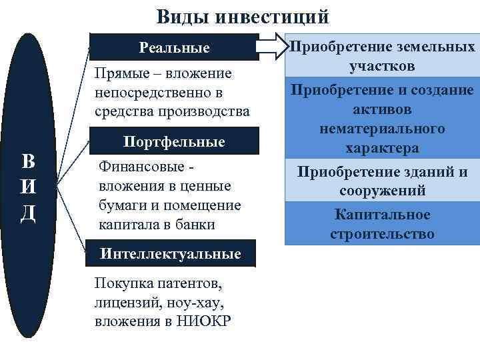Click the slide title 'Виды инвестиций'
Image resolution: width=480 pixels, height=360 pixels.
(x=243, y=15)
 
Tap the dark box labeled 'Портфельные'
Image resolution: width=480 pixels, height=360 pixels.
(x=174, y=142)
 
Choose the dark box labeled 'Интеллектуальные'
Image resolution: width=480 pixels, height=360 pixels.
(x=170, y=254)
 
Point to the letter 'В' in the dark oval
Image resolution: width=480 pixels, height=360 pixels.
(x=28, y=162)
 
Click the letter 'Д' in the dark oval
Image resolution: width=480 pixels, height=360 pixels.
(x=28, y=215)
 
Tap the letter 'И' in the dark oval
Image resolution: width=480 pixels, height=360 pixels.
(x=28, y=189)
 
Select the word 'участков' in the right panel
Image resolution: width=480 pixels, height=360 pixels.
(x=382, y=66)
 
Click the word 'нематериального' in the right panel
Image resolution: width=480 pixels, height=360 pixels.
(x=382, y=128)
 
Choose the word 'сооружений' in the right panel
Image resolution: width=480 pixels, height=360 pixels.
(x=382, y=191)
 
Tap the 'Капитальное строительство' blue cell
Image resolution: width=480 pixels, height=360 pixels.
(x=382, y=224)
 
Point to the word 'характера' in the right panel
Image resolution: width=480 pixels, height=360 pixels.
(x=382, y=147)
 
